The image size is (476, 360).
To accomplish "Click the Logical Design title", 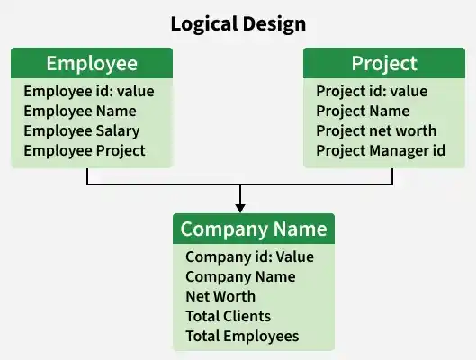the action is coord(238,24).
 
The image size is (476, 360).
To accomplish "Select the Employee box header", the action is coord(92,63).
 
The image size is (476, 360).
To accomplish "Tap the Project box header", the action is coord(384,63).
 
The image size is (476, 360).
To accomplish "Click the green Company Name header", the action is coord(254,229).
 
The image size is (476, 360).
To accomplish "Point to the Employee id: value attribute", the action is coord(89,91).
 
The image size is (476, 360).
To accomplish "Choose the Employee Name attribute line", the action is coord(80,111).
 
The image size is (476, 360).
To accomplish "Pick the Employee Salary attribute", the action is coord(82,131).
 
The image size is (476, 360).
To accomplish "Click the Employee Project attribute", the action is coord(85,151).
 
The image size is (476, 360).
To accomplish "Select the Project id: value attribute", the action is coord(372,92).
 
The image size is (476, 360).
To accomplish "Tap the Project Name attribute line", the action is coord(363,111).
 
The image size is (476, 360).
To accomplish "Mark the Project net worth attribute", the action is coord(376,131).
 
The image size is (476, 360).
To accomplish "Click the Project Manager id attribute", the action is coord(381,151).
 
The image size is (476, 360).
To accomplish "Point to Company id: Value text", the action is coord(249,257).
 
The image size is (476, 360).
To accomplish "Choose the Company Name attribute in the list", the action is coord(240,277).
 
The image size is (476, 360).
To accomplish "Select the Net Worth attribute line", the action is coord(220,296).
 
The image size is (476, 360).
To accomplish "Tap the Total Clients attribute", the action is coord(228,316).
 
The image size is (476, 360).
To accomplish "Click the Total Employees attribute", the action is coord(242,336).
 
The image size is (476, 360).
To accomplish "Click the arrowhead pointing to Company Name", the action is coord(240,208).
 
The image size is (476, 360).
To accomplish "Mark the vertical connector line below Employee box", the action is coord(87,176).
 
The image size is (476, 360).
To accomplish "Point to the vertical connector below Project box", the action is coord(392,176).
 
